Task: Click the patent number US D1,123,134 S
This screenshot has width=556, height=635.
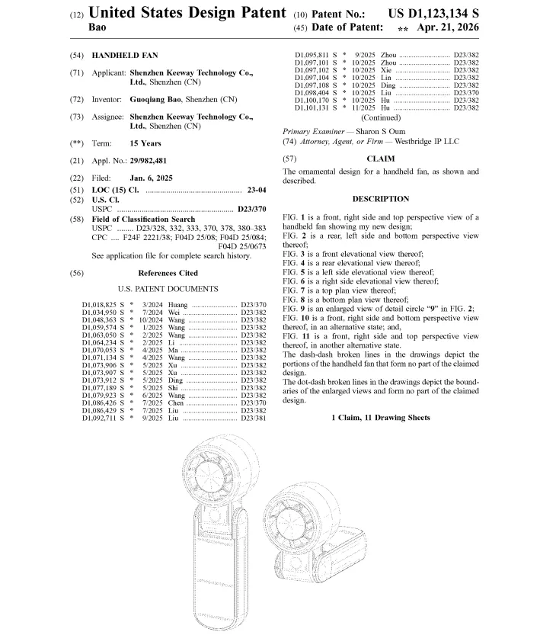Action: tap(433, 14)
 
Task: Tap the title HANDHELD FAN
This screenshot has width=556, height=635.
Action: tap(125, 56)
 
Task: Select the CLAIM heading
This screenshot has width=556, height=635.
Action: tap(380, 159)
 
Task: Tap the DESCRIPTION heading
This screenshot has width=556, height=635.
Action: tap(380, 199)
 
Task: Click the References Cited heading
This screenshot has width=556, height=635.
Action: tap(168, 273)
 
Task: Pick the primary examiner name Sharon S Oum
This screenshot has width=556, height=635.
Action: tap(378, 131)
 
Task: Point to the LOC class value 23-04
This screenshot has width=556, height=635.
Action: tap(257, 189)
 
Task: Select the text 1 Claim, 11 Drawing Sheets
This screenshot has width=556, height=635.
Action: tap(380, 418)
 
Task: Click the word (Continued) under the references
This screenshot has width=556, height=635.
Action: tap(380, 118)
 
